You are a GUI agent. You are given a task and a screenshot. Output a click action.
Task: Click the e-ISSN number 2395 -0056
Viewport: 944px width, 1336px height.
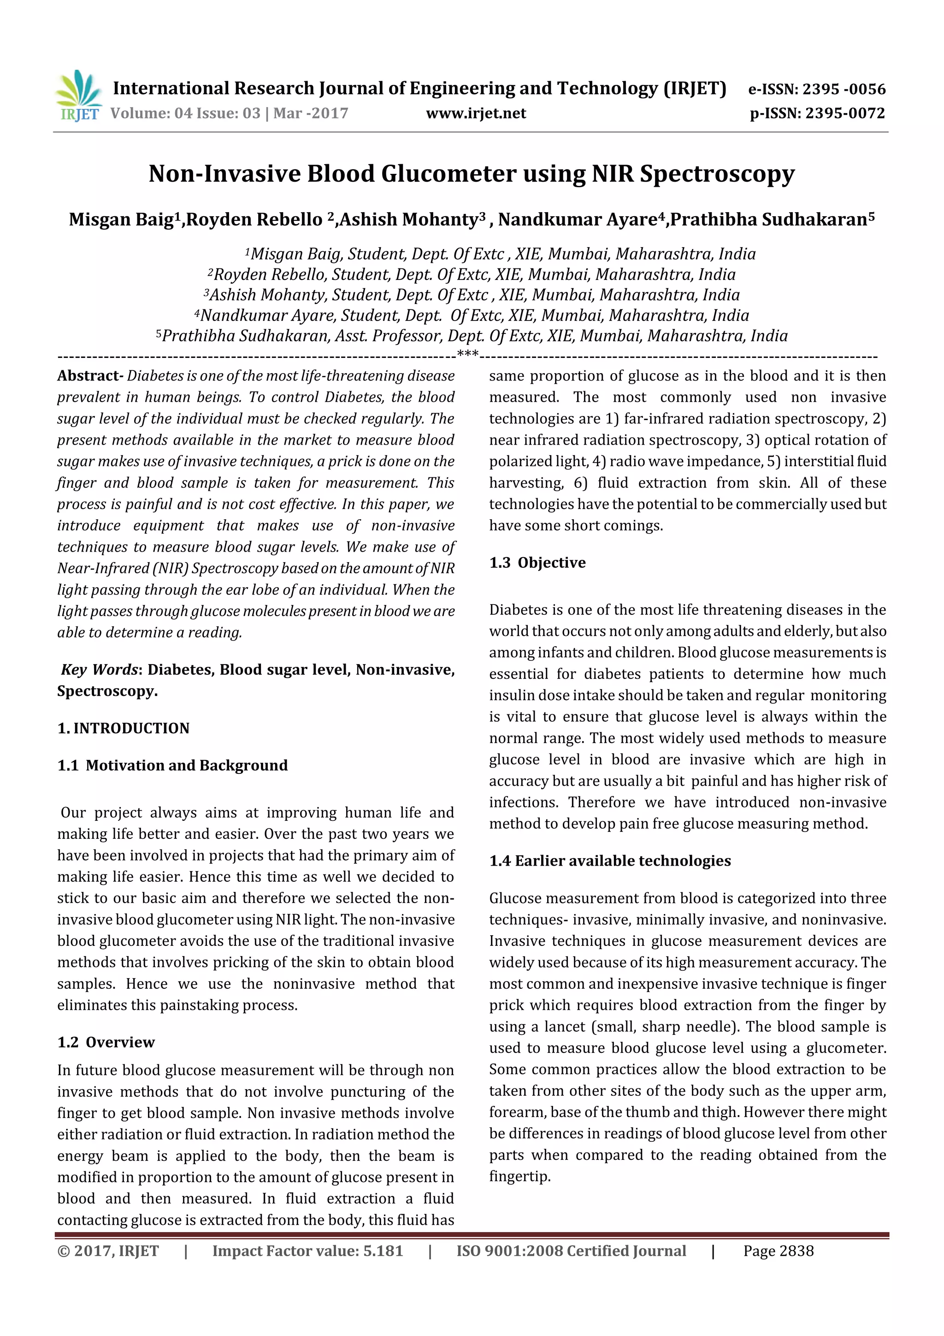(844, 89)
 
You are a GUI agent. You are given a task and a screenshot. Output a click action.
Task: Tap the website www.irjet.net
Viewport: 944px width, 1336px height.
(476, 113)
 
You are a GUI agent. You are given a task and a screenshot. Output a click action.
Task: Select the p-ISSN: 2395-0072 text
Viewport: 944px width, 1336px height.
(817, 113)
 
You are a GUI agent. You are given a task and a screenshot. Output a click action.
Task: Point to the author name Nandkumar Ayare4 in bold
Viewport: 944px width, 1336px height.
(581, 220)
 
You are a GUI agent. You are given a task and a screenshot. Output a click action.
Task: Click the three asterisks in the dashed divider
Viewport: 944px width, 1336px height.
(468, 354)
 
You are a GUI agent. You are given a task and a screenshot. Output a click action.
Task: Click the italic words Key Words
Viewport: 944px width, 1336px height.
(100, 670)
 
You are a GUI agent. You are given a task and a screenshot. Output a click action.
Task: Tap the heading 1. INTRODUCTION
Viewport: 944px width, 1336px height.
(124, 729)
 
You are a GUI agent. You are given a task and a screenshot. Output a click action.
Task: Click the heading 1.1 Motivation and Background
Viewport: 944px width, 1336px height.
(173, 766)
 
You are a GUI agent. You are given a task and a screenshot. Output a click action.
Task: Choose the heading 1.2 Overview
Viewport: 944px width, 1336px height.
(106, 1042)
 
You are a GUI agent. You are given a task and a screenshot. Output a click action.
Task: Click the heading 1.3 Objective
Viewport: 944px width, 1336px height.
(537, 563)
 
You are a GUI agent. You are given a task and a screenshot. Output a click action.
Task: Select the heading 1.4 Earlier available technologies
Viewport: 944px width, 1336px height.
(609, 861)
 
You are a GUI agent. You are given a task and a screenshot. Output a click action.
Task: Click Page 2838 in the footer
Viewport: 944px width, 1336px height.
(778, 1251)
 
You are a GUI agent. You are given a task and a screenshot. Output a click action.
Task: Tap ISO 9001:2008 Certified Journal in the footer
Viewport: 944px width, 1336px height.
(571, 1251)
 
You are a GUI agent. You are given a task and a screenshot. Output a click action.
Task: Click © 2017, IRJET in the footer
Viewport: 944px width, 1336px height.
(107, 1251)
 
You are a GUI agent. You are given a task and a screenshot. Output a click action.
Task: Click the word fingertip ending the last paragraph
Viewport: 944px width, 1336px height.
(519, 1176)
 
